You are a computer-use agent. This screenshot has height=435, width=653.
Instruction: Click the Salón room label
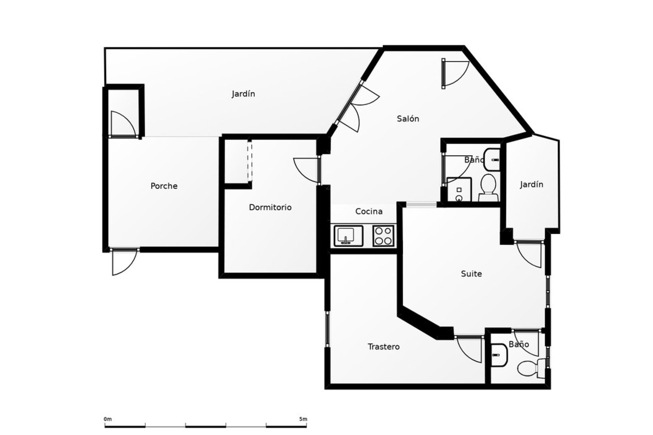click(x=408, y=119)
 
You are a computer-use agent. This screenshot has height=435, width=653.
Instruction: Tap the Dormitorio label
click(x=270, y=207)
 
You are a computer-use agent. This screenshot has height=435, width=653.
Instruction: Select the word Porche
click(x=164, y=186)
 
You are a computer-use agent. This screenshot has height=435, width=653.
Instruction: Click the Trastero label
click(x=384, y=347)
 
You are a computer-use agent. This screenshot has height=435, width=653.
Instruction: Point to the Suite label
click(x=471, y=274)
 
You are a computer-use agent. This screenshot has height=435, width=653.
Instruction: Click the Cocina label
click(x=369, y=211)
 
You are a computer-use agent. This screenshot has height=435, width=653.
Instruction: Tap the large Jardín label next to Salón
click(x=243, y=94)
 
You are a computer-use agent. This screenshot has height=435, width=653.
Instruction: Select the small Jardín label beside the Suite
click(x=531, y=185)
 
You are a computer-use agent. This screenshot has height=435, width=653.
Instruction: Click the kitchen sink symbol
click(x=349, y=236)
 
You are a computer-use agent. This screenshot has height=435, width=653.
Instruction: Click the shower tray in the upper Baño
click(x=459, y=190)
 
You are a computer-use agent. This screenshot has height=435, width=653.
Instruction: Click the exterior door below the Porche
click(x=124, y=262)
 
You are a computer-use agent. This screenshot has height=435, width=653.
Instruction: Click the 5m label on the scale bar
click(x=303, y=419)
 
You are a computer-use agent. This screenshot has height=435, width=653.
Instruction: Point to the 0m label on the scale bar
click(x=108, y=419)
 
